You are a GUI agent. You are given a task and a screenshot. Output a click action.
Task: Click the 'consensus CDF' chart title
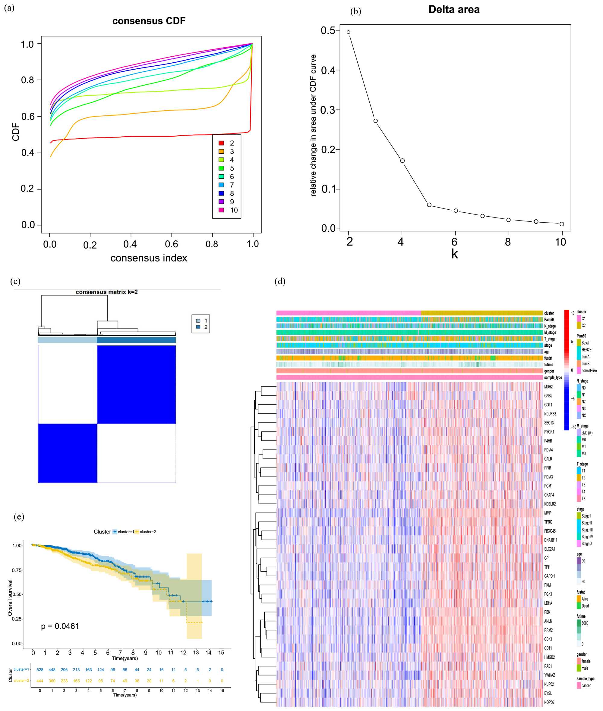pos(149,21)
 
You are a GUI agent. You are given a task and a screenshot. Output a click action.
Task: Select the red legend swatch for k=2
pos(222,143)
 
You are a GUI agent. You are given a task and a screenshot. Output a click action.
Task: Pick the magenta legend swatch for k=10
pos(222,210)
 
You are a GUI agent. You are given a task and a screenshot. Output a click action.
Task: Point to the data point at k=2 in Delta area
pos(348,32)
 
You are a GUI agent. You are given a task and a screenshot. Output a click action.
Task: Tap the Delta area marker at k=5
pos(429,205)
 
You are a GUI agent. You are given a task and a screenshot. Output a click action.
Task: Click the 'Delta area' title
pos(454,10)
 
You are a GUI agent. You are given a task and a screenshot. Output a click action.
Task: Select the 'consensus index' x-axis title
pos(149,258)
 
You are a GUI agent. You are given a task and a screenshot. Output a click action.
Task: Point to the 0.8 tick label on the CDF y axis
pos(27,80)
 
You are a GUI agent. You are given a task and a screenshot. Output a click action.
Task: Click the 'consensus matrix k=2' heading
pos(107,292)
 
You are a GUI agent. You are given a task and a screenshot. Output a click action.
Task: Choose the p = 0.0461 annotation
pos(60,626)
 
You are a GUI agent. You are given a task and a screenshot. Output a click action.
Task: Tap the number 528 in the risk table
pos(40,670)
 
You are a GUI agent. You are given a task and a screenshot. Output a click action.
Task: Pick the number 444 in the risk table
pos(40,681)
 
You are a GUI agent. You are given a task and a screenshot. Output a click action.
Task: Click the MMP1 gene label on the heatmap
pos(548,513)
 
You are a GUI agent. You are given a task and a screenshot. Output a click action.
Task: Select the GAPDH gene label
pos(549,576)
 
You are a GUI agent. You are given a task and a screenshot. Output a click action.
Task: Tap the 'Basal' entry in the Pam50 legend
pos(585,343)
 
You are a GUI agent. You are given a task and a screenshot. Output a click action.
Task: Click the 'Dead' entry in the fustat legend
pos(585,606)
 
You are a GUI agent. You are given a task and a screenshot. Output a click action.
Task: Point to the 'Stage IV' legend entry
pos(587,537)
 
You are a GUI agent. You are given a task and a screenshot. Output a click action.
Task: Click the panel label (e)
pos(19,516)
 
